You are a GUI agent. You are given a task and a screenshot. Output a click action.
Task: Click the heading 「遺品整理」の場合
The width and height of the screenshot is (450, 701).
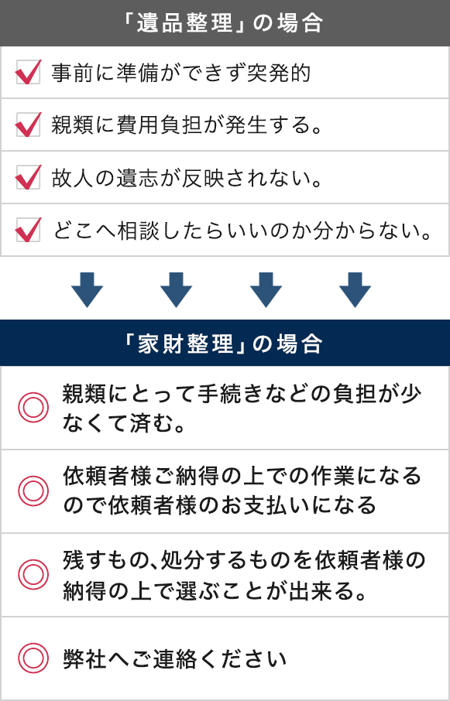tap(225, 22)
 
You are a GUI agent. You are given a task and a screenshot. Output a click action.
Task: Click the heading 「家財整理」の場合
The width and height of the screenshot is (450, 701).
tap(225, 344)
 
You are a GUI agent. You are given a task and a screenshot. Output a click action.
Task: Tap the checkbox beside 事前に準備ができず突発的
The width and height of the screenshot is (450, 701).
tap(28, 72)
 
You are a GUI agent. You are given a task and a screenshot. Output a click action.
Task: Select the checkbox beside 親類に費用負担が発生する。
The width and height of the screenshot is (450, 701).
tap(28, 125)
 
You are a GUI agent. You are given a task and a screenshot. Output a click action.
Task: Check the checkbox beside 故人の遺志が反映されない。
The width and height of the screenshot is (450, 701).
tap(28, 177)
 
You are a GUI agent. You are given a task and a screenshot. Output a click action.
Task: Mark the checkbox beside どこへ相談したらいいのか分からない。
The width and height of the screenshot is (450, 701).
tap(28, 230)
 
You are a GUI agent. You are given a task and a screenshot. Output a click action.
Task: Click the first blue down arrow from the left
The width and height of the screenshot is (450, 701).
tap(87, 289)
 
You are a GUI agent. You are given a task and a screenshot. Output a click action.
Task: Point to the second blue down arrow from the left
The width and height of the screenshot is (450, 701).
tap(177, 289)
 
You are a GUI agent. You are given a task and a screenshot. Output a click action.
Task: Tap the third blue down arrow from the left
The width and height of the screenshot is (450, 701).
tap(266, 289)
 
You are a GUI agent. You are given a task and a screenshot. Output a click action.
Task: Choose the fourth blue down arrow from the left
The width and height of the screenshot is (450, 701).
tap(356, 289)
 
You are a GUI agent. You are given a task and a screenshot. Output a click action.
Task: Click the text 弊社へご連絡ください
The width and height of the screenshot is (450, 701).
tap(174, 659)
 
